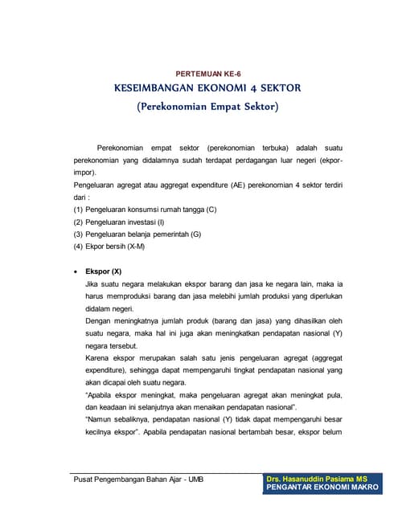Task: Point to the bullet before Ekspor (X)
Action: coord(76,271)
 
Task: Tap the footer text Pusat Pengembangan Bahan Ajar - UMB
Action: coord(137,480)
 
